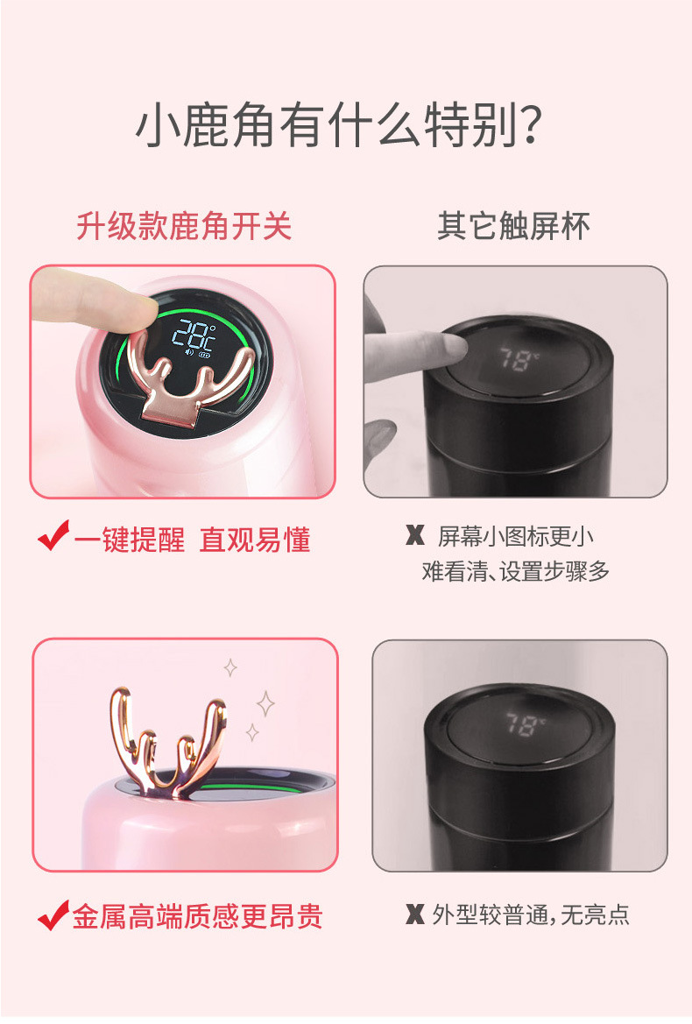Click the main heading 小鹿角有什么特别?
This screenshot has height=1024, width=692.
pyautogui.click(x=339, y=124)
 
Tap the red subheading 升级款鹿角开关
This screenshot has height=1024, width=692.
pyautogui.click(x=184, y=226)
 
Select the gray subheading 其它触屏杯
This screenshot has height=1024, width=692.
pyautogui.click(x=514, y=226)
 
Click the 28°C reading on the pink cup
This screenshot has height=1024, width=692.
pyautogui.click(x=194, y=335)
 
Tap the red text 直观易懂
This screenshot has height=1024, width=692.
pyautogui.click(x=255, y=540)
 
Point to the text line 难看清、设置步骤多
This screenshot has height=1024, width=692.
pyautogui.click(x=516, y=571)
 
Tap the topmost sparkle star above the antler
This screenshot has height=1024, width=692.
pyautogui.click(x=230, y=668)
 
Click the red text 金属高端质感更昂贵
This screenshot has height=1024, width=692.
pyautogui.click(x=197, y=916)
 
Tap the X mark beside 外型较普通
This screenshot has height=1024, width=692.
pyautogui.click(x=414, y=915)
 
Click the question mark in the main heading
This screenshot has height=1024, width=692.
pyautogui.click(x=532, y=125)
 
